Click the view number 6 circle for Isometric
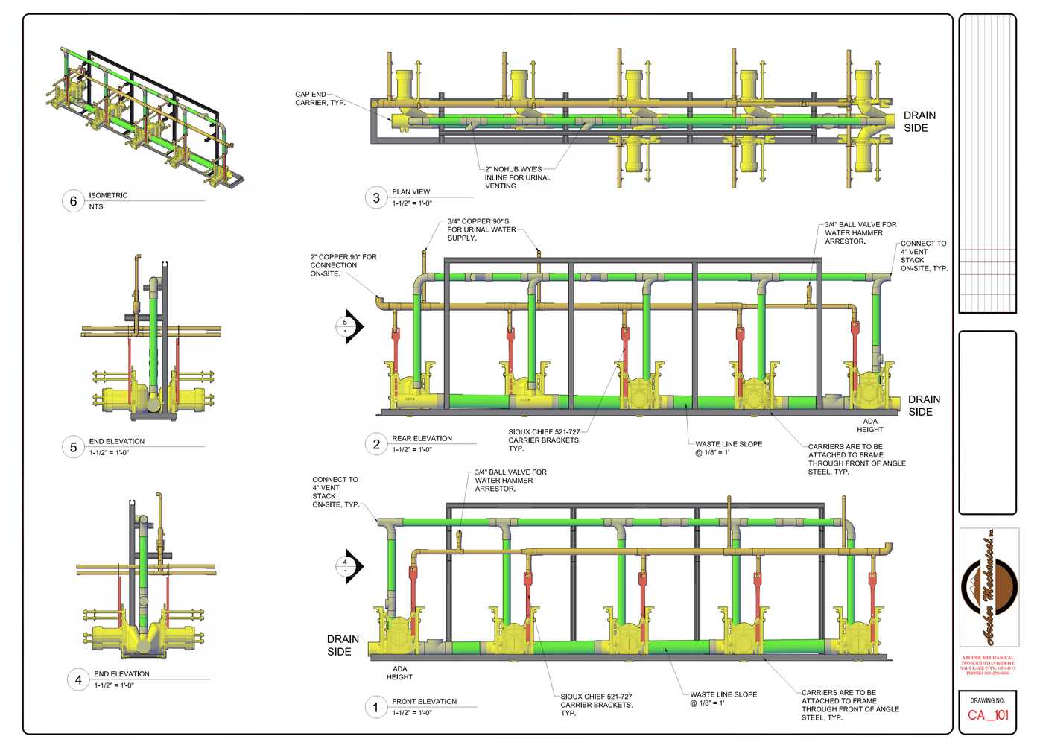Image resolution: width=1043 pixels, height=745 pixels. [x=73, y=201]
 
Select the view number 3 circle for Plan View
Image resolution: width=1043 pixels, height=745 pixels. [x=376, y=197]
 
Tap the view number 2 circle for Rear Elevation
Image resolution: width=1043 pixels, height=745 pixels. [x=376, y=444]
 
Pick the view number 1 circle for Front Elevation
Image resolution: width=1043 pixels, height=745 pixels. [x=375, y=707]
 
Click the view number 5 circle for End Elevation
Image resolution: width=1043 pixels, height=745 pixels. [x=73, y=447]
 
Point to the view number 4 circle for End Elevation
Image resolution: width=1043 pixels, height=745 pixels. [x=78, y=679]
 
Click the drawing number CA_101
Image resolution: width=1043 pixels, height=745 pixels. [x=988, y=715]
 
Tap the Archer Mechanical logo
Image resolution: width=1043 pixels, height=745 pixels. [x=989, y=589]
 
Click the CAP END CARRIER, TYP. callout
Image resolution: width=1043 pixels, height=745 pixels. [x=320, y=98]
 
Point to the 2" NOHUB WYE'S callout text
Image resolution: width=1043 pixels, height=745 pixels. [x=517, y=177]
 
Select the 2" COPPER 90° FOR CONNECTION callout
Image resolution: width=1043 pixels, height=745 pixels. [x=343, y=265]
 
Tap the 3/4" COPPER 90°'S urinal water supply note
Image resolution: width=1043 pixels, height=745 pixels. [x=481, y=229]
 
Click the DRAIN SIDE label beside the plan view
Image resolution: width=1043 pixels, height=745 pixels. [x=919, y=121]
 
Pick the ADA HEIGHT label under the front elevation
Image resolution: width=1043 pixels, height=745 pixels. [x=399, y=673]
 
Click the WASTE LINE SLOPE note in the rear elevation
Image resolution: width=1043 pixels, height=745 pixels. [x=728, y=448]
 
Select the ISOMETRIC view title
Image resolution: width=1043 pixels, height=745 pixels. [x=108, y=195]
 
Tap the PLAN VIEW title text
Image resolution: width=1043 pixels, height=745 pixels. [x=411, y=191]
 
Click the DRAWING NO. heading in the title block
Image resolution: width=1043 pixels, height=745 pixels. [x=987, y=700]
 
